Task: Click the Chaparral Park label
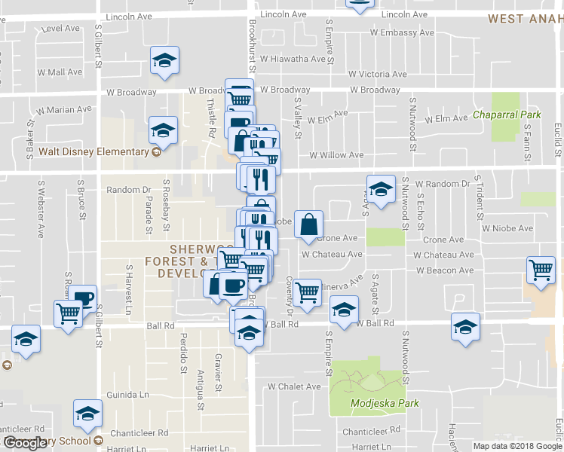pos(507,115)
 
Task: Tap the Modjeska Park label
pos(384,403)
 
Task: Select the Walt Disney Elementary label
pos(93,151)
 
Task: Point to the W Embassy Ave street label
pos(402,32)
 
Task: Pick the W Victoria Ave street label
pos(378,75)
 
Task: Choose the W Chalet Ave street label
pos(294,386)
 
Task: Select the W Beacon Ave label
pos(444,270)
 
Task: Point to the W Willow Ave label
pos(336,155)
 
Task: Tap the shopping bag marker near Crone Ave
pos(309,224)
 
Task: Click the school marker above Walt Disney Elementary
pos(163,130)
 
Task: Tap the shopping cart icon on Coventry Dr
pos(307,292)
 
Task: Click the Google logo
pos(26,444)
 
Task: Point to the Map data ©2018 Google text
pos(517,446)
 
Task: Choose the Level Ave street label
pos(61,29)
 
